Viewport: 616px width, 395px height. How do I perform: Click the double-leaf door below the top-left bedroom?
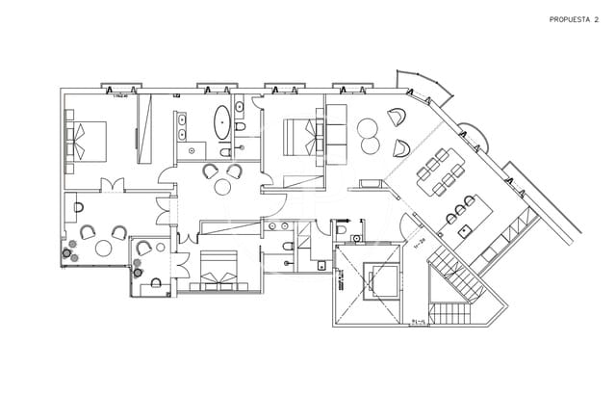[112, 187]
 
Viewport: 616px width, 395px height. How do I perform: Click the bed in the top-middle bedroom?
[300, 135]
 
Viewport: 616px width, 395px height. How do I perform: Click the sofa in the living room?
[338, 130]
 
